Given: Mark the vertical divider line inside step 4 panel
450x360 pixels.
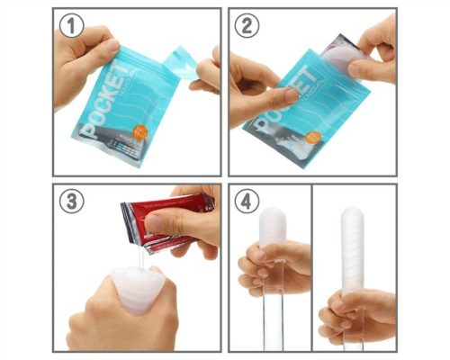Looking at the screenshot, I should (310, 270).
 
